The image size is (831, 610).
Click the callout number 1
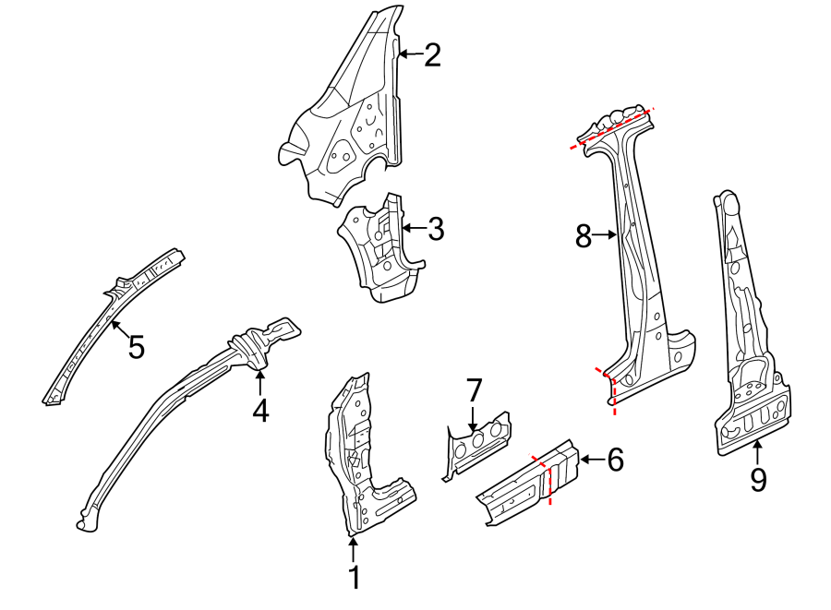click(354, 579)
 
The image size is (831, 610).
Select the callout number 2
click(432, 55)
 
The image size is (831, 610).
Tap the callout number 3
click(436, 229)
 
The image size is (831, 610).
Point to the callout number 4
click(260, 409)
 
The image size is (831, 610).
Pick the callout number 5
click(136, 348)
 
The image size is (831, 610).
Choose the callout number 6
click(614, 458)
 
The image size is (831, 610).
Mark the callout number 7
click(474, 389)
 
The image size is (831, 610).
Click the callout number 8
click(583, 236)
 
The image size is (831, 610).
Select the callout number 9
click(758, 480)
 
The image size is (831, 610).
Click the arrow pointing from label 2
click(411, 55)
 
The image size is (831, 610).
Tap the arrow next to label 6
click(592, 458)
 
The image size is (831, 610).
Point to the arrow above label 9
click(758, 451)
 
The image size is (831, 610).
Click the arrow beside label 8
click(606, 236)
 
